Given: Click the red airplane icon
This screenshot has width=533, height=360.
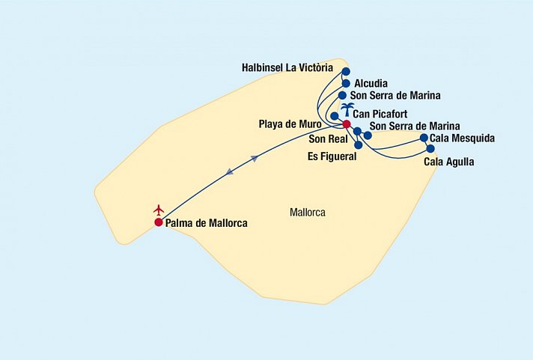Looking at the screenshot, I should (x=158, y=210).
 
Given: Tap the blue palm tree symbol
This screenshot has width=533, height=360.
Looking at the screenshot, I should (x=347, y=110).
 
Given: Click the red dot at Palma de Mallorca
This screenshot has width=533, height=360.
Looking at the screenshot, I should (x=159, y=222).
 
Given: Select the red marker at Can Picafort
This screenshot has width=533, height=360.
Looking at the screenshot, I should (x=346, y=124).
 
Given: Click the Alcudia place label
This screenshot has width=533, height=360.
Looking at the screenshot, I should (x=371, y=83).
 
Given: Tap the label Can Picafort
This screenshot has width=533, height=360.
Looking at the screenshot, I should (x=386, y=114).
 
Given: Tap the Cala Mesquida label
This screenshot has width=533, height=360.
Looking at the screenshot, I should (x=463, y=138).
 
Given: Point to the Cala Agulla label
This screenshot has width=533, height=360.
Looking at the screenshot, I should (x=449, y=161).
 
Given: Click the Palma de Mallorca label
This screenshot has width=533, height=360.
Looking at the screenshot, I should (x=207, y=223).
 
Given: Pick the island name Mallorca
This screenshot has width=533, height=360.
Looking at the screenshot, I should (x=307, y=213).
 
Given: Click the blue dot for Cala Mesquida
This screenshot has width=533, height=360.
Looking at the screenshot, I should (x=424, y=138).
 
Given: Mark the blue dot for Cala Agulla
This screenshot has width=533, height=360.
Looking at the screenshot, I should (x=430, y=148).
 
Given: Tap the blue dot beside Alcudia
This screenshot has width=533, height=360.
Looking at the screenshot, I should (x=345, y=83).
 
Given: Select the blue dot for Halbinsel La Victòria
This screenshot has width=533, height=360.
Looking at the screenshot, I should (x=345, y=72).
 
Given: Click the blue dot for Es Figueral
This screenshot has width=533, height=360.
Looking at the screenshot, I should (x=359, y=144).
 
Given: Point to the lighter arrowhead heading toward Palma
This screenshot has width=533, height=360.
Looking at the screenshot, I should (x=229, y=173).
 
